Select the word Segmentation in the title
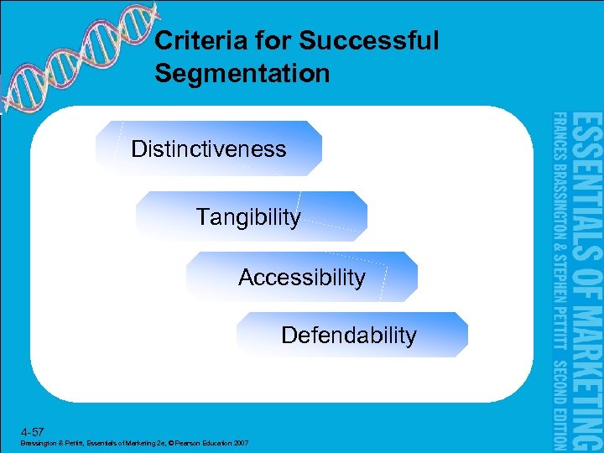click(242, 74)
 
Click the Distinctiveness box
click(209, 149)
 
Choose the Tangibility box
click(250, 217)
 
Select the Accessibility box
click(302, 277)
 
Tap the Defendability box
click(350, 336)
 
